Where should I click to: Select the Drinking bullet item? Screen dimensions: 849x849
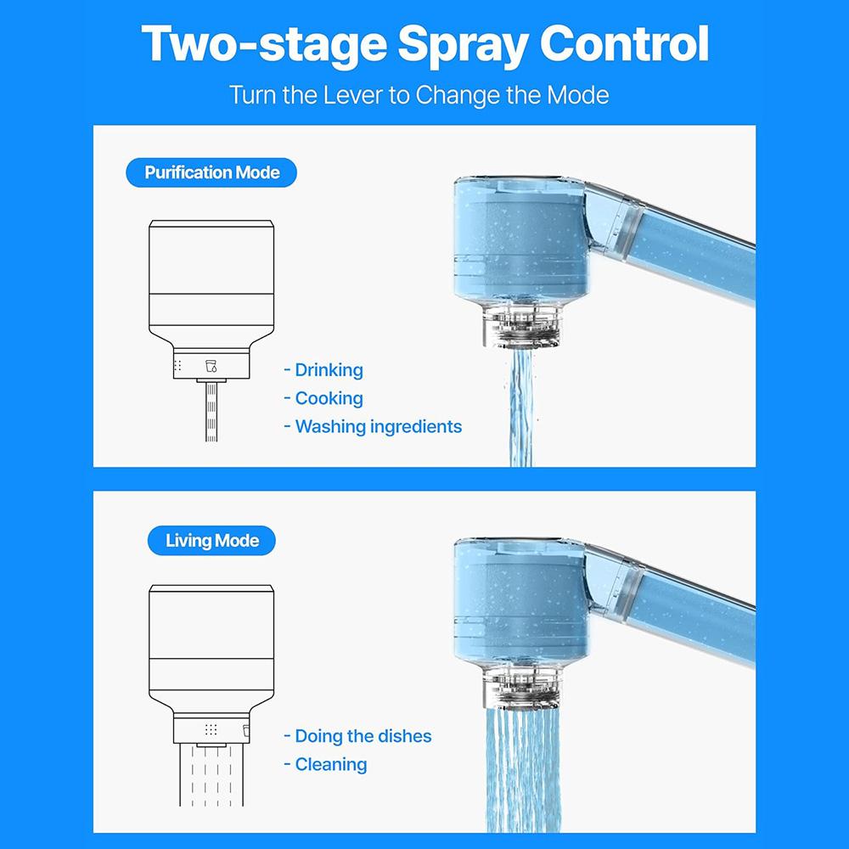click(328, 370)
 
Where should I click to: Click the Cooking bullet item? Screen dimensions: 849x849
click(328, 398)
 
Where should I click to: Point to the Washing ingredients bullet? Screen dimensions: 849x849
click(377, 426)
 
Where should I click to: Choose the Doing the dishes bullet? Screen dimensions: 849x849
click(363, 736)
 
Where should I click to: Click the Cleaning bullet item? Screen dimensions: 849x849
click(330, 764)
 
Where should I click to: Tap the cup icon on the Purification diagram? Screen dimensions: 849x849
click(211, 366)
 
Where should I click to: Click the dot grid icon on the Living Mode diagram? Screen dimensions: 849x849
click(211, 729)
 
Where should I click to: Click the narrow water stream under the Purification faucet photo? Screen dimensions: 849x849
click(520, 408)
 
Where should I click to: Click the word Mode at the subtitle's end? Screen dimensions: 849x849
click(577, 94)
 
